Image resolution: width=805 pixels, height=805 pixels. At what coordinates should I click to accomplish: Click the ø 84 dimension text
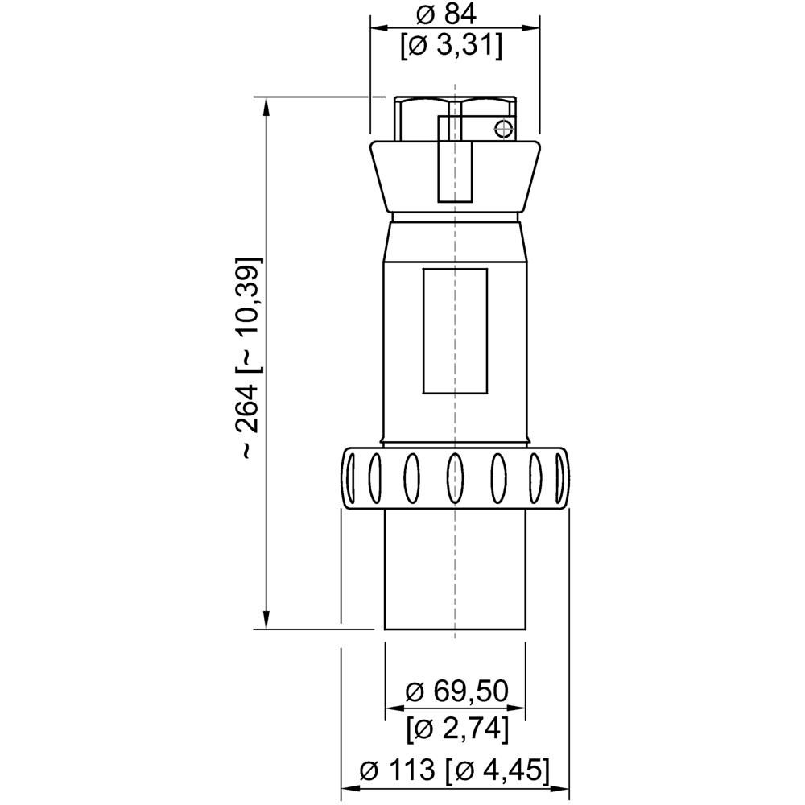point(454,14)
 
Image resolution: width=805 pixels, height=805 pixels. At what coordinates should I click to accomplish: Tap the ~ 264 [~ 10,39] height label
point(250,359)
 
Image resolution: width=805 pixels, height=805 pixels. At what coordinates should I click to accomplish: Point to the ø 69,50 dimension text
point(456,691)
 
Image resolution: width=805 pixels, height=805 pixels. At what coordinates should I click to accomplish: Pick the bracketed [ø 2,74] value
point(456,728)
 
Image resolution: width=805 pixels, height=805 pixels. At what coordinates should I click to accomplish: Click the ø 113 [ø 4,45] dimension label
point(456,770)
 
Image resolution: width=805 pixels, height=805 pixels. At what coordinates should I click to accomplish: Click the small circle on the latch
point(502,128)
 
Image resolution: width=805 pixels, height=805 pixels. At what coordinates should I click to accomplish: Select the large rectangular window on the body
point(455,331)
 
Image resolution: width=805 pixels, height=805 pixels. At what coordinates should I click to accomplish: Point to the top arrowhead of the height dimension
point(266,104)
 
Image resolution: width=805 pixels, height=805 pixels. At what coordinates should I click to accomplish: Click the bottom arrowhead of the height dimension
point(266,621)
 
